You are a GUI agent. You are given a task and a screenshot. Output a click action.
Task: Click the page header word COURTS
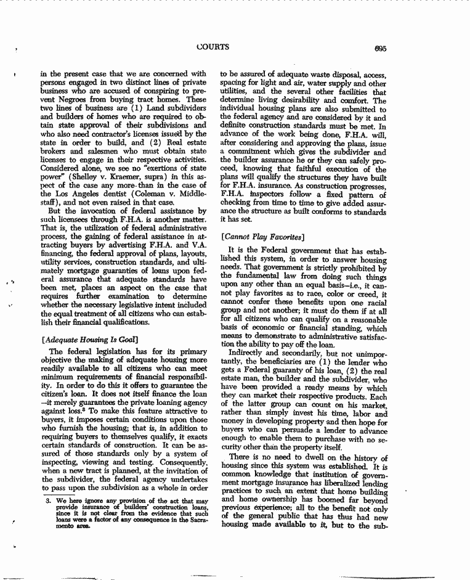pos(213,46)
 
